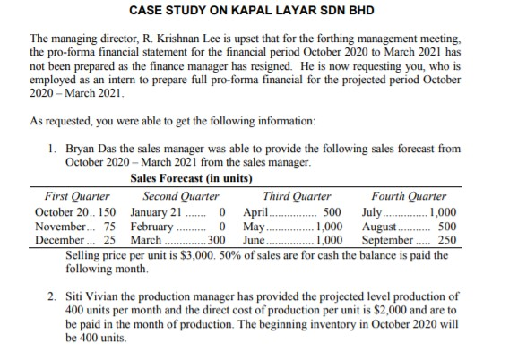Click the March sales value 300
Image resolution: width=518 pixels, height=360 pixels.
[x=216, y=241]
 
